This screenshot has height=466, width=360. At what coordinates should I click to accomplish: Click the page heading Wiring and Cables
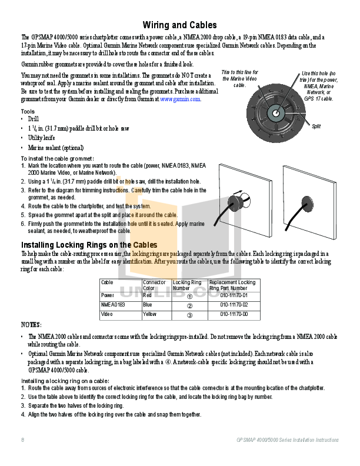(180, 25)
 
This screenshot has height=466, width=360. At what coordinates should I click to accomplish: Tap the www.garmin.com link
(181, 99)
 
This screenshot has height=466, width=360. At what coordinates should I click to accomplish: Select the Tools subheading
(28, 111)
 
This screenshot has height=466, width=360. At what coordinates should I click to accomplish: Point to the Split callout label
(316, 126)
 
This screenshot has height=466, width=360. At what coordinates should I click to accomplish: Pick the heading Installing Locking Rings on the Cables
(89, 244)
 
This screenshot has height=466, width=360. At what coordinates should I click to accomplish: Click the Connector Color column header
(154, 285)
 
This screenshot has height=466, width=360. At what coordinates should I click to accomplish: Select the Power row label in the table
(108, 295)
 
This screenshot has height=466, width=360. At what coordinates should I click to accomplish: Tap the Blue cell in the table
(148, 305)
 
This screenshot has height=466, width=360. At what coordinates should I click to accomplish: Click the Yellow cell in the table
(149, 314)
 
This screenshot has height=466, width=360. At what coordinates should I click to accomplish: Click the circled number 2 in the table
(189, 305)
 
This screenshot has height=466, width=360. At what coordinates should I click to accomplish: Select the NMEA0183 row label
(114, 305)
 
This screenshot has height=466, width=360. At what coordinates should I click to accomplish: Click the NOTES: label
(31, 325)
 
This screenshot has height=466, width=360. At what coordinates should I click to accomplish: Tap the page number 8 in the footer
(22, 440)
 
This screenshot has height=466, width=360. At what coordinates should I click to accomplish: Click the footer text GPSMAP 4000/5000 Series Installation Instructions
(287, 440)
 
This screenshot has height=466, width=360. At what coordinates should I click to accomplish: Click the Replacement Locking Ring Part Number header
(232, 285)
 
